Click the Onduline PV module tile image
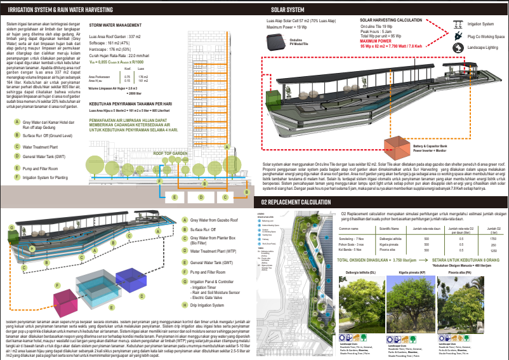(277, 41)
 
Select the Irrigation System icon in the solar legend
(457, 25)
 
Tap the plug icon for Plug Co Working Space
(457, 37)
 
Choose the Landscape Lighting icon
(457, 49)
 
